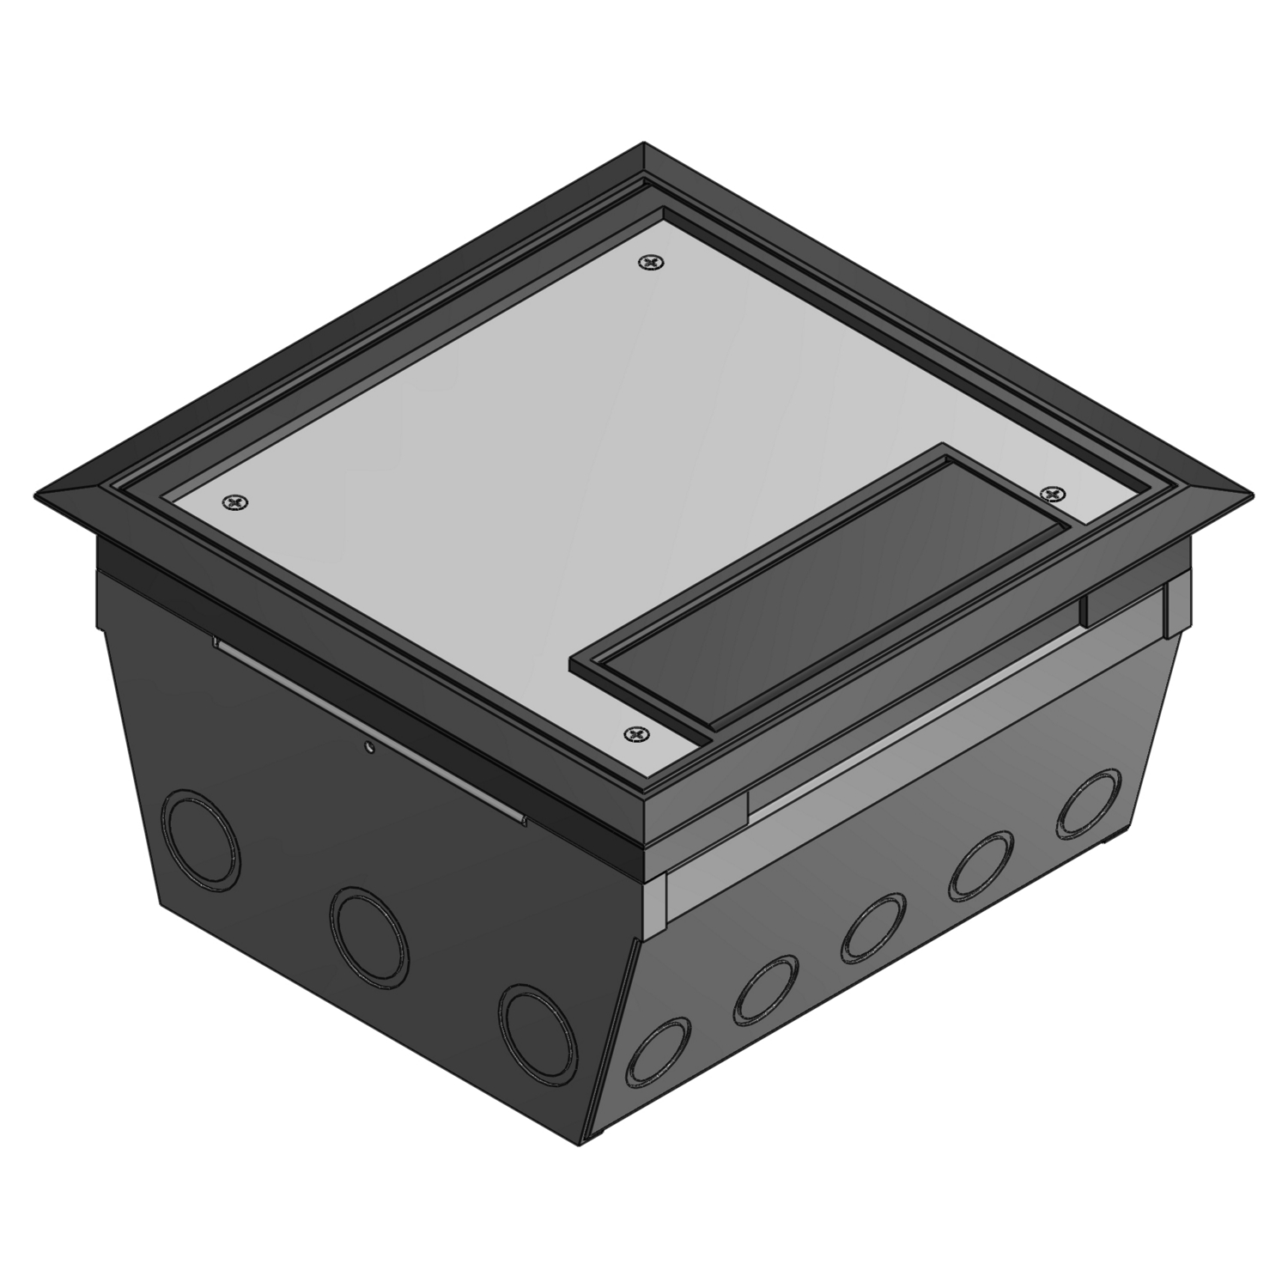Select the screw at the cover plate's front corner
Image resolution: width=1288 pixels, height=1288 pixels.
pyautogui.click(x=635, y=734)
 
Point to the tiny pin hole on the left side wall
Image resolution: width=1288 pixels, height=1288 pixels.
pyautogui.click(x=368, y=748)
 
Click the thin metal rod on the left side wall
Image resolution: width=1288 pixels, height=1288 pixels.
pyautogui.click(x=369, y=730)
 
